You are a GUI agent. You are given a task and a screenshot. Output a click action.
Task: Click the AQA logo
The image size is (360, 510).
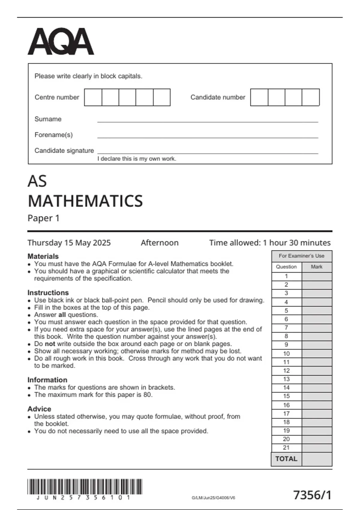61,42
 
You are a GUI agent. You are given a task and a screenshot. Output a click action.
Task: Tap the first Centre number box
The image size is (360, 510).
93,97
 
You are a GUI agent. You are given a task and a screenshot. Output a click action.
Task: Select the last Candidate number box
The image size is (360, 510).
310,97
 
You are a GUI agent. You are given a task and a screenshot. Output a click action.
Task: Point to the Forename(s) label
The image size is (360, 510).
54,135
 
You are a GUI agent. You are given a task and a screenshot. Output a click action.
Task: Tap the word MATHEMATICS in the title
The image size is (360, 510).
85,201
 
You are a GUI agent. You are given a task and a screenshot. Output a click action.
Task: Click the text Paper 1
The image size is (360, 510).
43,218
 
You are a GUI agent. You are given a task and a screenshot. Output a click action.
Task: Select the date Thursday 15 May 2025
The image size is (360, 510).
69,243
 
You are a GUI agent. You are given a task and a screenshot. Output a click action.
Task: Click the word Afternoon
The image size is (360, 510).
160,243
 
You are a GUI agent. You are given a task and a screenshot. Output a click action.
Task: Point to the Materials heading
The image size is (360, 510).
43,256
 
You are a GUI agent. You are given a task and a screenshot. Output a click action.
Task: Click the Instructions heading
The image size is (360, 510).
48,292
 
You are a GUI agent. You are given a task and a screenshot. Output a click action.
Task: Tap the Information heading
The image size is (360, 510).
47,380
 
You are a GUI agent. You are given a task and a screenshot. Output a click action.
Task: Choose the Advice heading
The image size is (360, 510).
39,409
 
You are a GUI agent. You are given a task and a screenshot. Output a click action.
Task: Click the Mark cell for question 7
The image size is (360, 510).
317,328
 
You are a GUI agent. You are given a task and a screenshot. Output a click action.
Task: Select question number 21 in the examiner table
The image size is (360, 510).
286,448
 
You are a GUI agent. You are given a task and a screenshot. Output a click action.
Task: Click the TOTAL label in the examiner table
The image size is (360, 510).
286,459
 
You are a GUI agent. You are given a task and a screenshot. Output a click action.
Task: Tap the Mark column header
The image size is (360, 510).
317,267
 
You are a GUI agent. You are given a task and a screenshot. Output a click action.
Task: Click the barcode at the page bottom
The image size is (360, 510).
85,486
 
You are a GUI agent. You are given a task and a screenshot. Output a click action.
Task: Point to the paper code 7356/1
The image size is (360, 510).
312,495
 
